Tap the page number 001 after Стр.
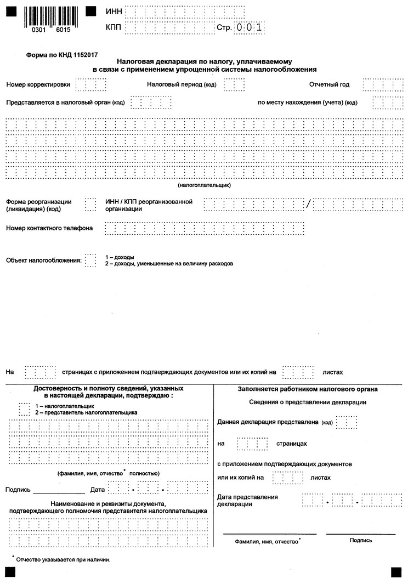coord(250,27)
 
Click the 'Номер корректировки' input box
coord(90,85)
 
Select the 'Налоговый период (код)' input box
coord(234,85)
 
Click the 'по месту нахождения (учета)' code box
coord(380,103)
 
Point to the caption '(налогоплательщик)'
coord(204,185)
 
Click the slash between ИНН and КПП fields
coord(309,205)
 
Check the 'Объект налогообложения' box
coord(90,260)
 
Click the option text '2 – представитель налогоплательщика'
coord(86,412)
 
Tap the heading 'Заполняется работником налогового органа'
coord(308,389)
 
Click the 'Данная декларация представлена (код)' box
coord(346,422)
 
